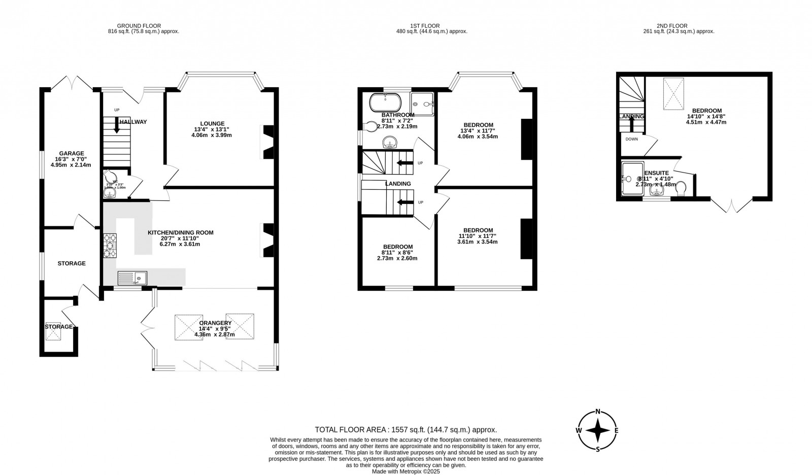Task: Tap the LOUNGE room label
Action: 212,123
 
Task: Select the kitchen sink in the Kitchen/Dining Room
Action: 132,278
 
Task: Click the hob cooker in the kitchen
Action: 110,246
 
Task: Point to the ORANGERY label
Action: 215,323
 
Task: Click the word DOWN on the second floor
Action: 631,139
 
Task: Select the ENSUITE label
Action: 657,173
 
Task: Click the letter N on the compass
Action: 598,412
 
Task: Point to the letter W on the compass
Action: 579,430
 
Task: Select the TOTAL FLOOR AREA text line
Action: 405,429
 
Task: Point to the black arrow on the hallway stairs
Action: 117,125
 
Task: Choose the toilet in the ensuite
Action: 682,188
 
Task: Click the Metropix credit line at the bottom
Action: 405,471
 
